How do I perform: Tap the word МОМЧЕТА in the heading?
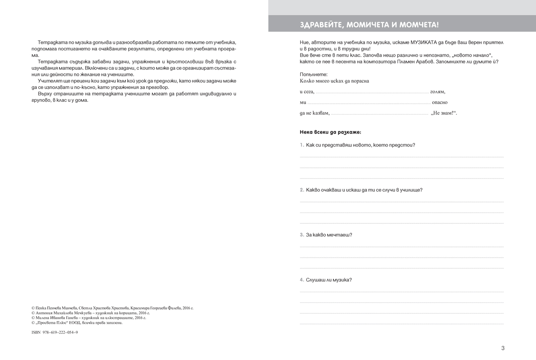pyautogui.click(x=419, y=24)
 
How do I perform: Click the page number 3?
pyautogui.click(x=502, y=348)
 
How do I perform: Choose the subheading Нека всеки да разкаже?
pyautogui.click(x=331, y=132)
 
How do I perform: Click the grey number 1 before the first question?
pyautogui.click(x=301, y=145)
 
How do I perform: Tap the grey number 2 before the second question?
pyautogui.click(x=301, y=190)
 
